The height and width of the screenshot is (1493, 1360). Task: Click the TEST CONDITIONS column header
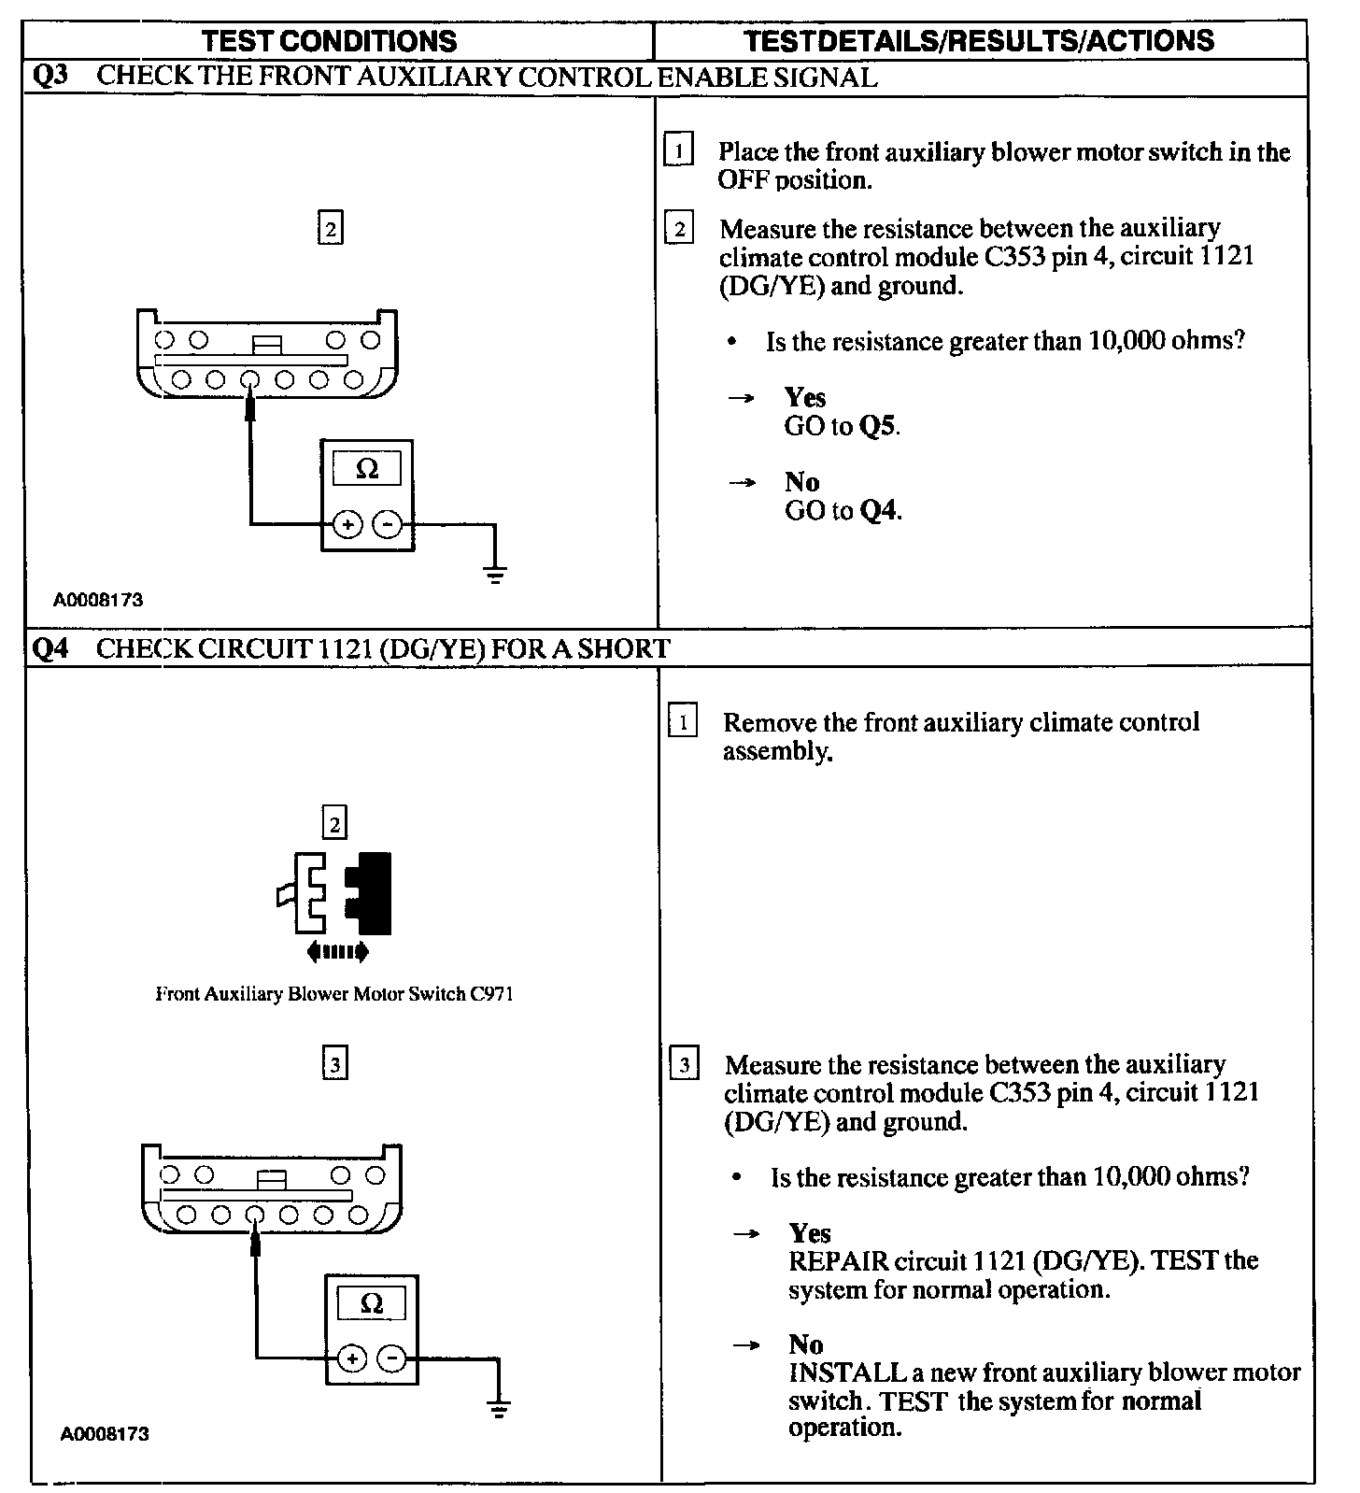click(329, 41)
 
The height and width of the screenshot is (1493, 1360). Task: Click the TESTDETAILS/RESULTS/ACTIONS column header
click(980, 40)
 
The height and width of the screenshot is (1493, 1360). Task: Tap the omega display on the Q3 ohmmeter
click(367, 469)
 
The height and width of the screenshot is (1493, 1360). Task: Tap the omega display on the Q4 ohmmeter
click(372, 1303)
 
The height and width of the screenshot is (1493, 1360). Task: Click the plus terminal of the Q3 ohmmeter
click(347, 525)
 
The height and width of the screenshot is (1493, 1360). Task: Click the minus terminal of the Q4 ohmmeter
click(392, 1358)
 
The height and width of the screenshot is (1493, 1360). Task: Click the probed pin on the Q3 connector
click(249, 380)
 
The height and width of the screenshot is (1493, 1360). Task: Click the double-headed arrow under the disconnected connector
click(337, 952)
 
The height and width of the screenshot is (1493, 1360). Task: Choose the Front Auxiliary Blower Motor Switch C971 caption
click(334, 994)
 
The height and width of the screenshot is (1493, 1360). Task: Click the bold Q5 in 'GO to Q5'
click(879, 427)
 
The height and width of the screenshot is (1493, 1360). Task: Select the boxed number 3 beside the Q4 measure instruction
click(684, 1065)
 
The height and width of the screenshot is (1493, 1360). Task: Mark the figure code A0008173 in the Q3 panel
click(98, 600)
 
